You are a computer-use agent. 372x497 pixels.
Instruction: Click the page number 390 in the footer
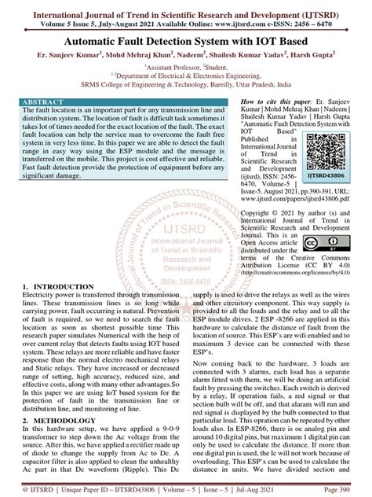tap(356, 489)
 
